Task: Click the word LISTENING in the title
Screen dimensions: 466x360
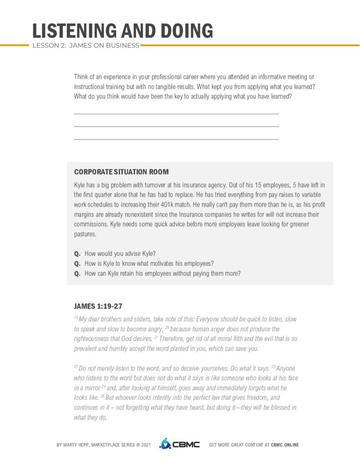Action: click(73, 31)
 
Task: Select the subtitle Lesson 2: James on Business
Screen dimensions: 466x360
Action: click(86, 46)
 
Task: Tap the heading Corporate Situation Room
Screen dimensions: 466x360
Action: click(121, 172)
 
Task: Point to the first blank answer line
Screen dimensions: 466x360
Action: click(176, 114)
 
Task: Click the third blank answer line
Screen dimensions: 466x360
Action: click(176, 139)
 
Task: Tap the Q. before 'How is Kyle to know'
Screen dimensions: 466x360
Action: click(77, 263)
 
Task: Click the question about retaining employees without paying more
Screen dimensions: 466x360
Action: click(162, 274)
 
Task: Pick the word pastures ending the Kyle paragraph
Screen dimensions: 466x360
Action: click(85, 234)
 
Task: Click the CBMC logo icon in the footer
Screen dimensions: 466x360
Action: click(164, 444)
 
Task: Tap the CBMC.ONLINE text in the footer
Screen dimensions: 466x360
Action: click(285, 445)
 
